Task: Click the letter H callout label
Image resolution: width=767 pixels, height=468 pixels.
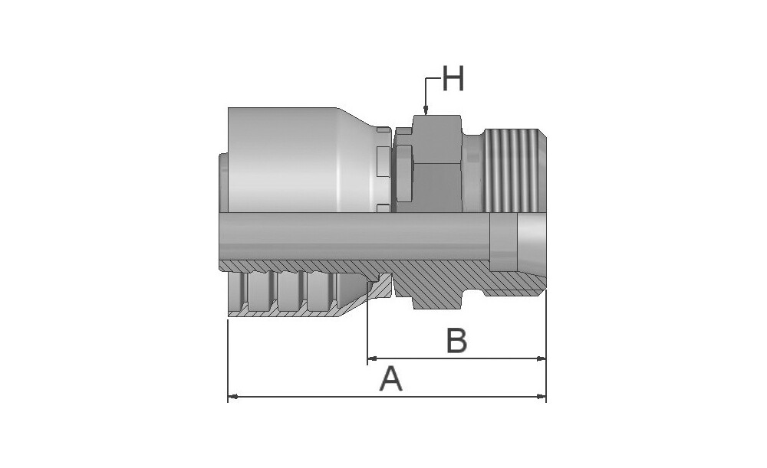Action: coord(453,79)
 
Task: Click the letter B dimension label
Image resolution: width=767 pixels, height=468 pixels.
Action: coord(457,341)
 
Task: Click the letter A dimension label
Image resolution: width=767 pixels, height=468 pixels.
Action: coord(391,380)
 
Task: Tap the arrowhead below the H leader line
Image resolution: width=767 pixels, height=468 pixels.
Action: coord(426,111)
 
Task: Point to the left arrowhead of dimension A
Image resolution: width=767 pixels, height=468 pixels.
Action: coord(233,397)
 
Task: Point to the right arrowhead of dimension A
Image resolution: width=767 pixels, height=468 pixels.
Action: coord(541,397)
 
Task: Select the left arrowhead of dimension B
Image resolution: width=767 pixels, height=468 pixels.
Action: coord(372,358)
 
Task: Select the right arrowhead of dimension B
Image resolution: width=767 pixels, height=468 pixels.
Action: coord(541,358)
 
